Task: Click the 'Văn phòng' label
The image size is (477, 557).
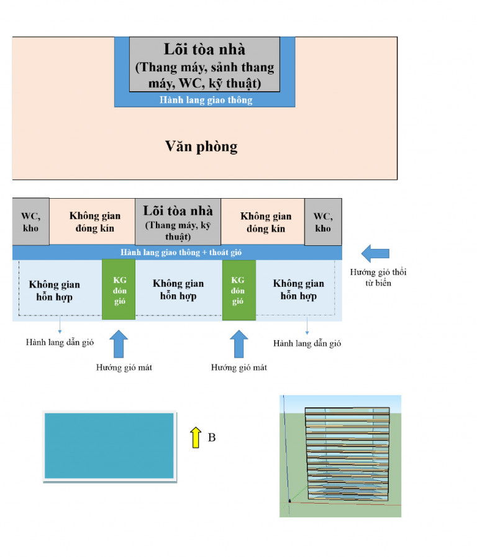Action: pos(201,147)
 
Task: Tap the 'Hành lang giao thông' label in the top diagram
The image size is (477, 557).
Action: pos(206,100)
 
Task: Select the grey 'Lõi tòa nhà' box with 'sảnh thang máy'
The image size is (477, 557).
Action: pos(204,65)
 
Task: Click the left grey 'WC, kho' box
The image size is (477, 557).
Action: pos(31,222)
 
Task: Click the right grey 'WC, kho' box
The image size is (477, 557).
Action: pos(323,222)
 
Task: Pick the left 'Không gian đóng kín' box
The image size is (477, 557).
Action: pos(92,222)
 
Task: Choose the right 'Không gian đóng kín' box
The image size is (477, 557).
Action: pos(263,222)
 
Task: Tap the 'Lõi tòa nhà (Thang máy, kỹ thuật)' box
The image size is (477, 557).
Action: pos(178,222)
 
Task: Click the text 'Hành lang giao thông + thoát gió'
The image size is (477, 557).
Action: pos(181,252)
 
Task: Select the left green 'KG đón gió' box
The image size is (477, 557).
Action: pos(119,289)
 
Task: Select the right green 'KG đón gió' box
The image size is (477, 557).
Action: pos(239,290)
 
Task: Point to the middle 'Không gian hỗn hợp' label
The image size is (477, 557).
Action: pos(178,289)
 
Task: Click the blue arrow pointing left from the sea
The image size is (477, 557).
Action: pos(375,253)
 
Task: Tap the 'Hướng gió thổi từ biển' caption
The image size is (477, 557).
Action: pos(378,278)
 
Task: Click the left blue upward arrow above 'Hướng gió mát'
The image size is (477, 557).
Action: pos(119,343)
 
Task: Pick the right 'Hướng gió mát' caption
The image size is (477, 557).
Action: pos(239,368)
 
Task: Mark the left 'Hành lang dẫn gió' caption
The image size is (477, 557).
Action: pos(60,342)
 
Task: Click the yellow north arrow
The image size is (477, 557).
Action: pos(196,437)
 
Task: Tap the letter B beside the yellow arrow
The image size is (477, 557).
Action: pos(212,437)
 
